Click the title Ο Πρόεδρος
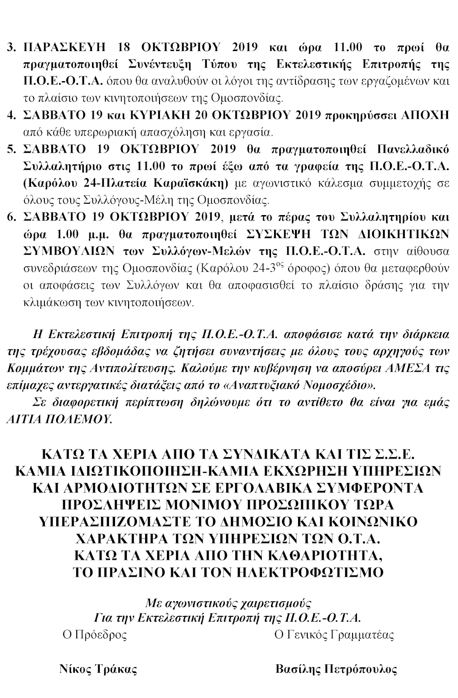click(x=94, y=634)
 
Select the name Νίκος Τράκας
click(x=98, y=669)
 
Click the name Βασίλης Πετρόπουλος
click(x=336, y=669)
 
